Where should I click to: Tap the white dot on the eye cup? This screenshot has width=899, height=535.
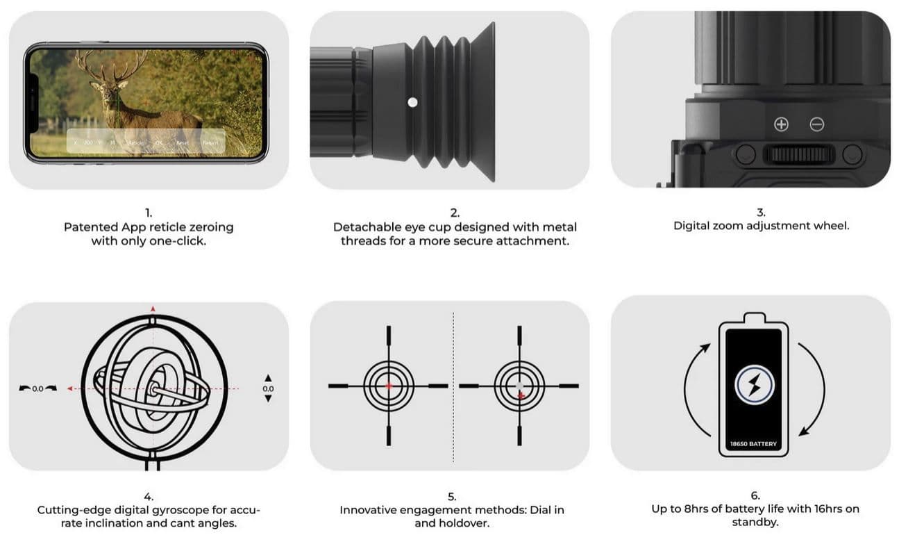tap(412, 102)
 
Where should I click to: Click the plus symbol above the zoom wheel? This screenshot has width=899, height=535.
tap(781, 124)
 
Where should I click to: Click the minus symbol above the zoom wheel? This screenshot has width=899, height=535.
tap(817, 124)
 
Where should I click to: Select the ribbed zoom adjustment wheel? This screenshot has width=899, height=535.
tap(798, 154)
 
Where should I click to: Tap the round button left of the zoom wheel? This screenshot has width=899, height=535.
tap(746, 154)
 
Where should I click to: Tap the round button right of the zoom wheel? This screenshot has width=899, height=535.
tap(852, 154)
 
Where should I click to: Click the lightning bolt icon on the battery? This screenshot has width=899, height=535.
tap(754, 384)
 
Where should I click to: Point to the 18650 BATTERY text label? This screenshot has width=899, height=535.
tap(754, 444)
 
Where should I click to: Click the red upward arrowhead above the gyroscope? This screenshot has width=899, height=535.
tap(153, 308)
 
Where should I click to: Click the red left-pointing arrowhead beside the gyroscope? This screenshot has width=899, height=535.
tap(70, 389)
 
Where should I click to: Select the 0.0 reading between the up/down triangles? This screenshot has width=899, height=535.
tap(268, 388)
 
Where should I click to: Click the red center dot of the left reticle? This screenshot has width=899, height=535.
tap(389, 385)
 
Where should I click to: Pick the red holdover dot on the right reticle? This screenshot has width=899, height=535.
tap(520, 395)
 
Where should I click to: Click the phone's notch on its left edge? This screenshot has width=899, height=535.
tap(33, 103)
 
